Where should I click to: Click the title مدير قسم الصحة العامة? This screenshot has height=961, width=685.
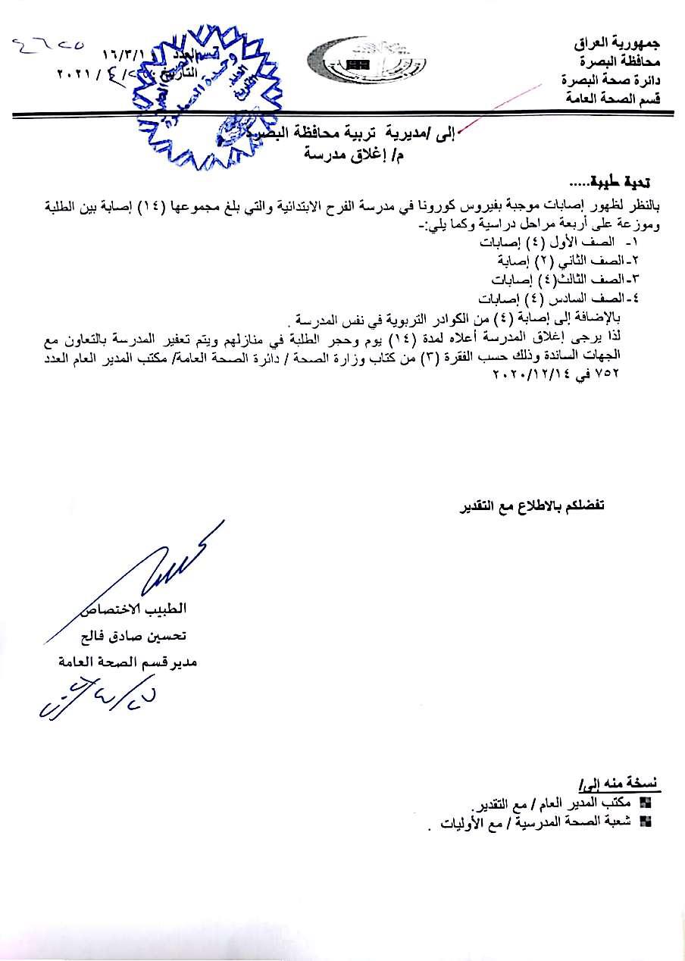128,662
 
